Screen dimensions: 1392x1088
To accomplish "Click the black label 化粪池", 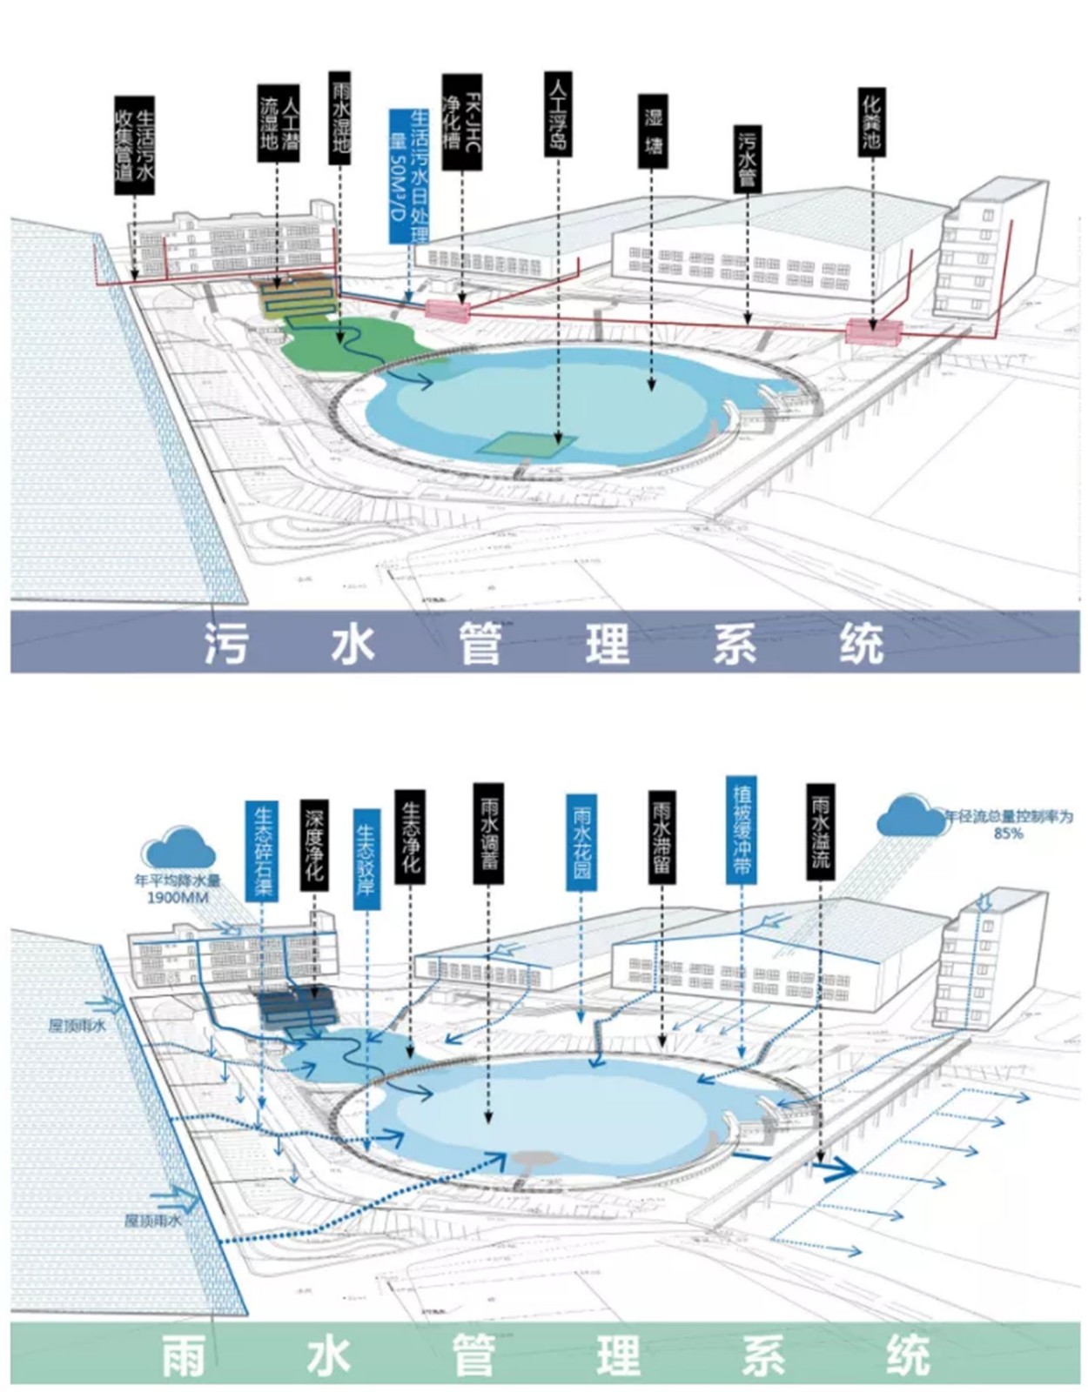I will point(871,123).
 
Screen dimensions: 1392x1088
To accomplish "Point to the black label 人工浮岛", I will point(558,114).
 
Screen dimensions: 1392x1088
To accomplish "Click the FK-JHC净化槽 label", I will point(461,121).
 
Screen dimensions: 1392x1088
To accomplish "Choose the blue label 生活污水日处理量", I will point(408,174).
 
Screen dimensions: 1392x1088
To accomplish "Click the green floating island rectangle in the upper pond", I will point(526,444).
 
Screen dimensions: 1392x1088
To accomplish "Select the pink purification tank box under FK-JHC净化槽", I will point(447,308).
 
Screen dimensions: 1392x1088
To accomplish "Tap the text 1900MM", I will point(178,896).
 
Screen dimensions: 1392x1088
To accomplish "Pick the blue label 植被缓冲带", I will point(742,830).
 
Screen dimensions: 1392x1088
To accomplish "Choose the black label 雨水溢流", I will point(820,832).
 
